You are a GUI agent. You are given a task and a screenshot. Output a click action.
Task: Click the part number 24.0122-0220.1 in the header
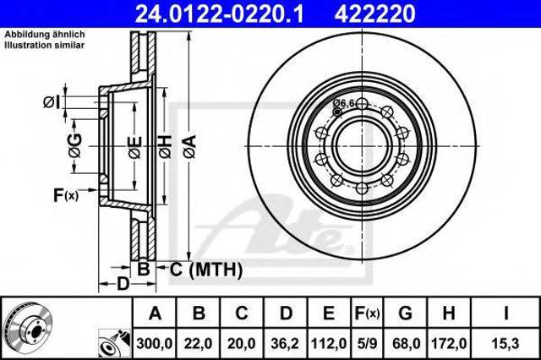(219, 14)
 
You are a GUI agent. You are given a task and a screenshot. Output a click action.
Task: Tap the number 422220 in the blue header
(374, 14)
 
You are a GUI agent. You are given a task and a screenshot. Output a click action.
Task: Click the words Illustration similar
(45, 45)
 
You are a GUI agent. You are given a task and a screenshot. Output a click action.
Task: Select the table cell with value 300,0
(155, 343)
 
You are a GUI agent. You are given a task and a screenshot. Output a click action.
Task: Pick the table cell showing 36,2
(286, 343)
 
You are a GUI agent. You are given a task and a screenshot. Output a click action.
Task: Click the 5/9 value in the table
(367, 343)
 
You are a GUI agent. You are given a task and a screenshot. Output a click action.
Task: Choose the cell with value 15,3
(505, 343)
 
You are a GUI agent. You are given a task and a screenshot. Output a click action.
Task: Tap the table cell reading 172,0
(449, 343)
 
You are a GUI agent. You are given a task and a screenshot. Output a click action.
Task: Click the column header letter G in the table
(405, 314)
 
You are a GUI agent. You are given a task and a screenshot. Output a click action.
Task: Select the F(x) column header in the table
(367, 314)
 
